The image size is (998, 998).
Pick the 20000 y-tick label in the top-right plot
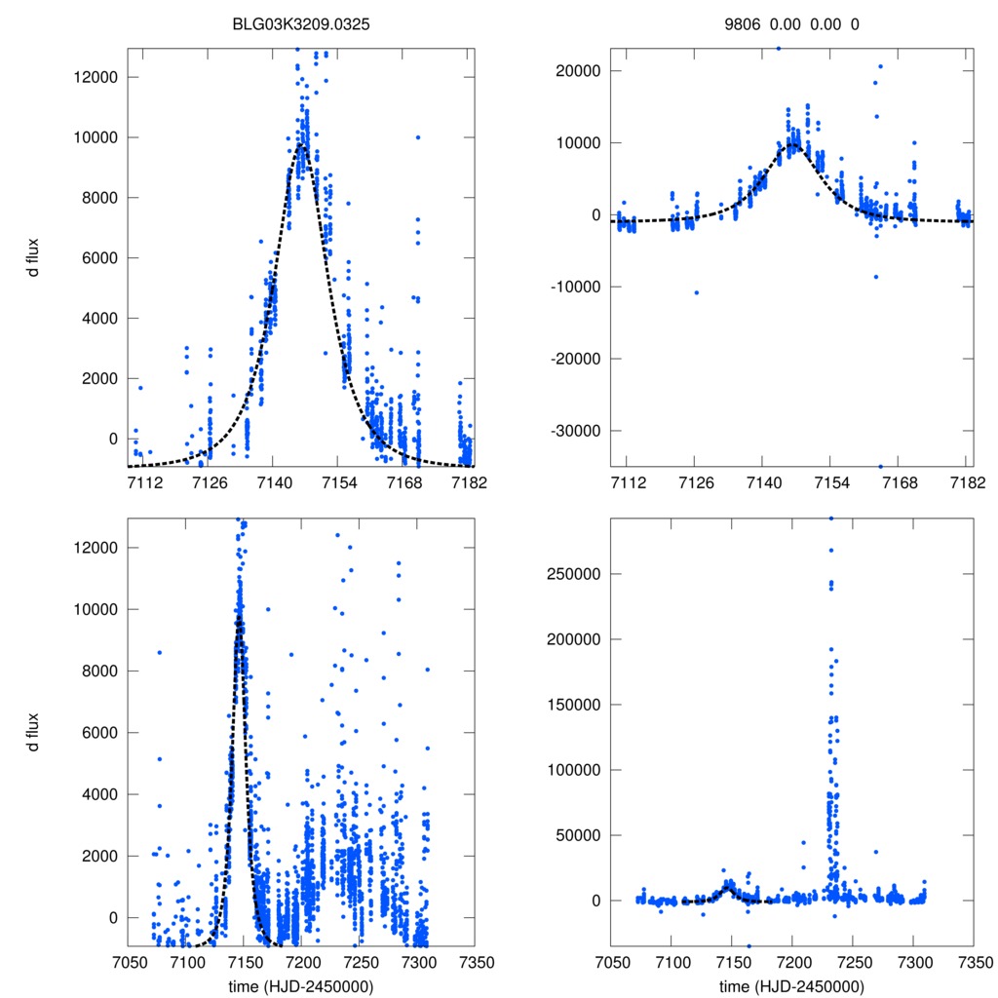(579, 71)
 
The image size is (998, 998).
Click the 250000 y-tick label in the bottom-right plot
(574, 573)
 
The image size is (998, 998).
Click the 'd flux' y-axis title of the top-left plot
(34, 257)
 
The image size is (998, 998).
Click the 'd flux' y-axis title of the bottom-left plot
(34, 731)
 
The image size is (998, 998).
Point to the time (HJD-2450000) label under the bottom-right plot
(791, 985)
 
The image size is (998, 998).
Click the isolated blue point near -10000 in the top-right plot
(696, 292)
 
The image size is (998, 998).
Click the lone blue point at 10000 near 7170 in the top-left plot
(417, 137)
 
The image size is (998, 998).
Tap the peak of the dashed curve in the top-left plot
(302, 145)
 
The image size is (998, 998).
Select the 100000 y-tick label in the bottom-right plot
(574, 770)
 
